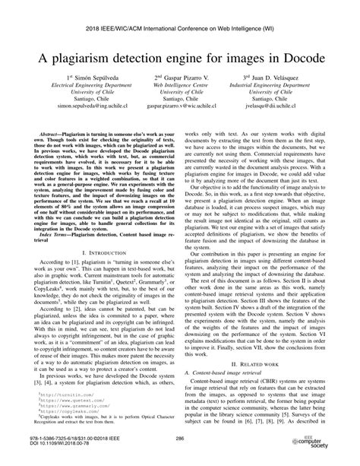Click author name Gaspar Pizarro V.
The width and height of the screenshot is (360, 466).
click(x=182, y=99)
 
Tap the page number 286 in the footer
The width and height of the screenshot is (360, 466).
click(x=180, y=439)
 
